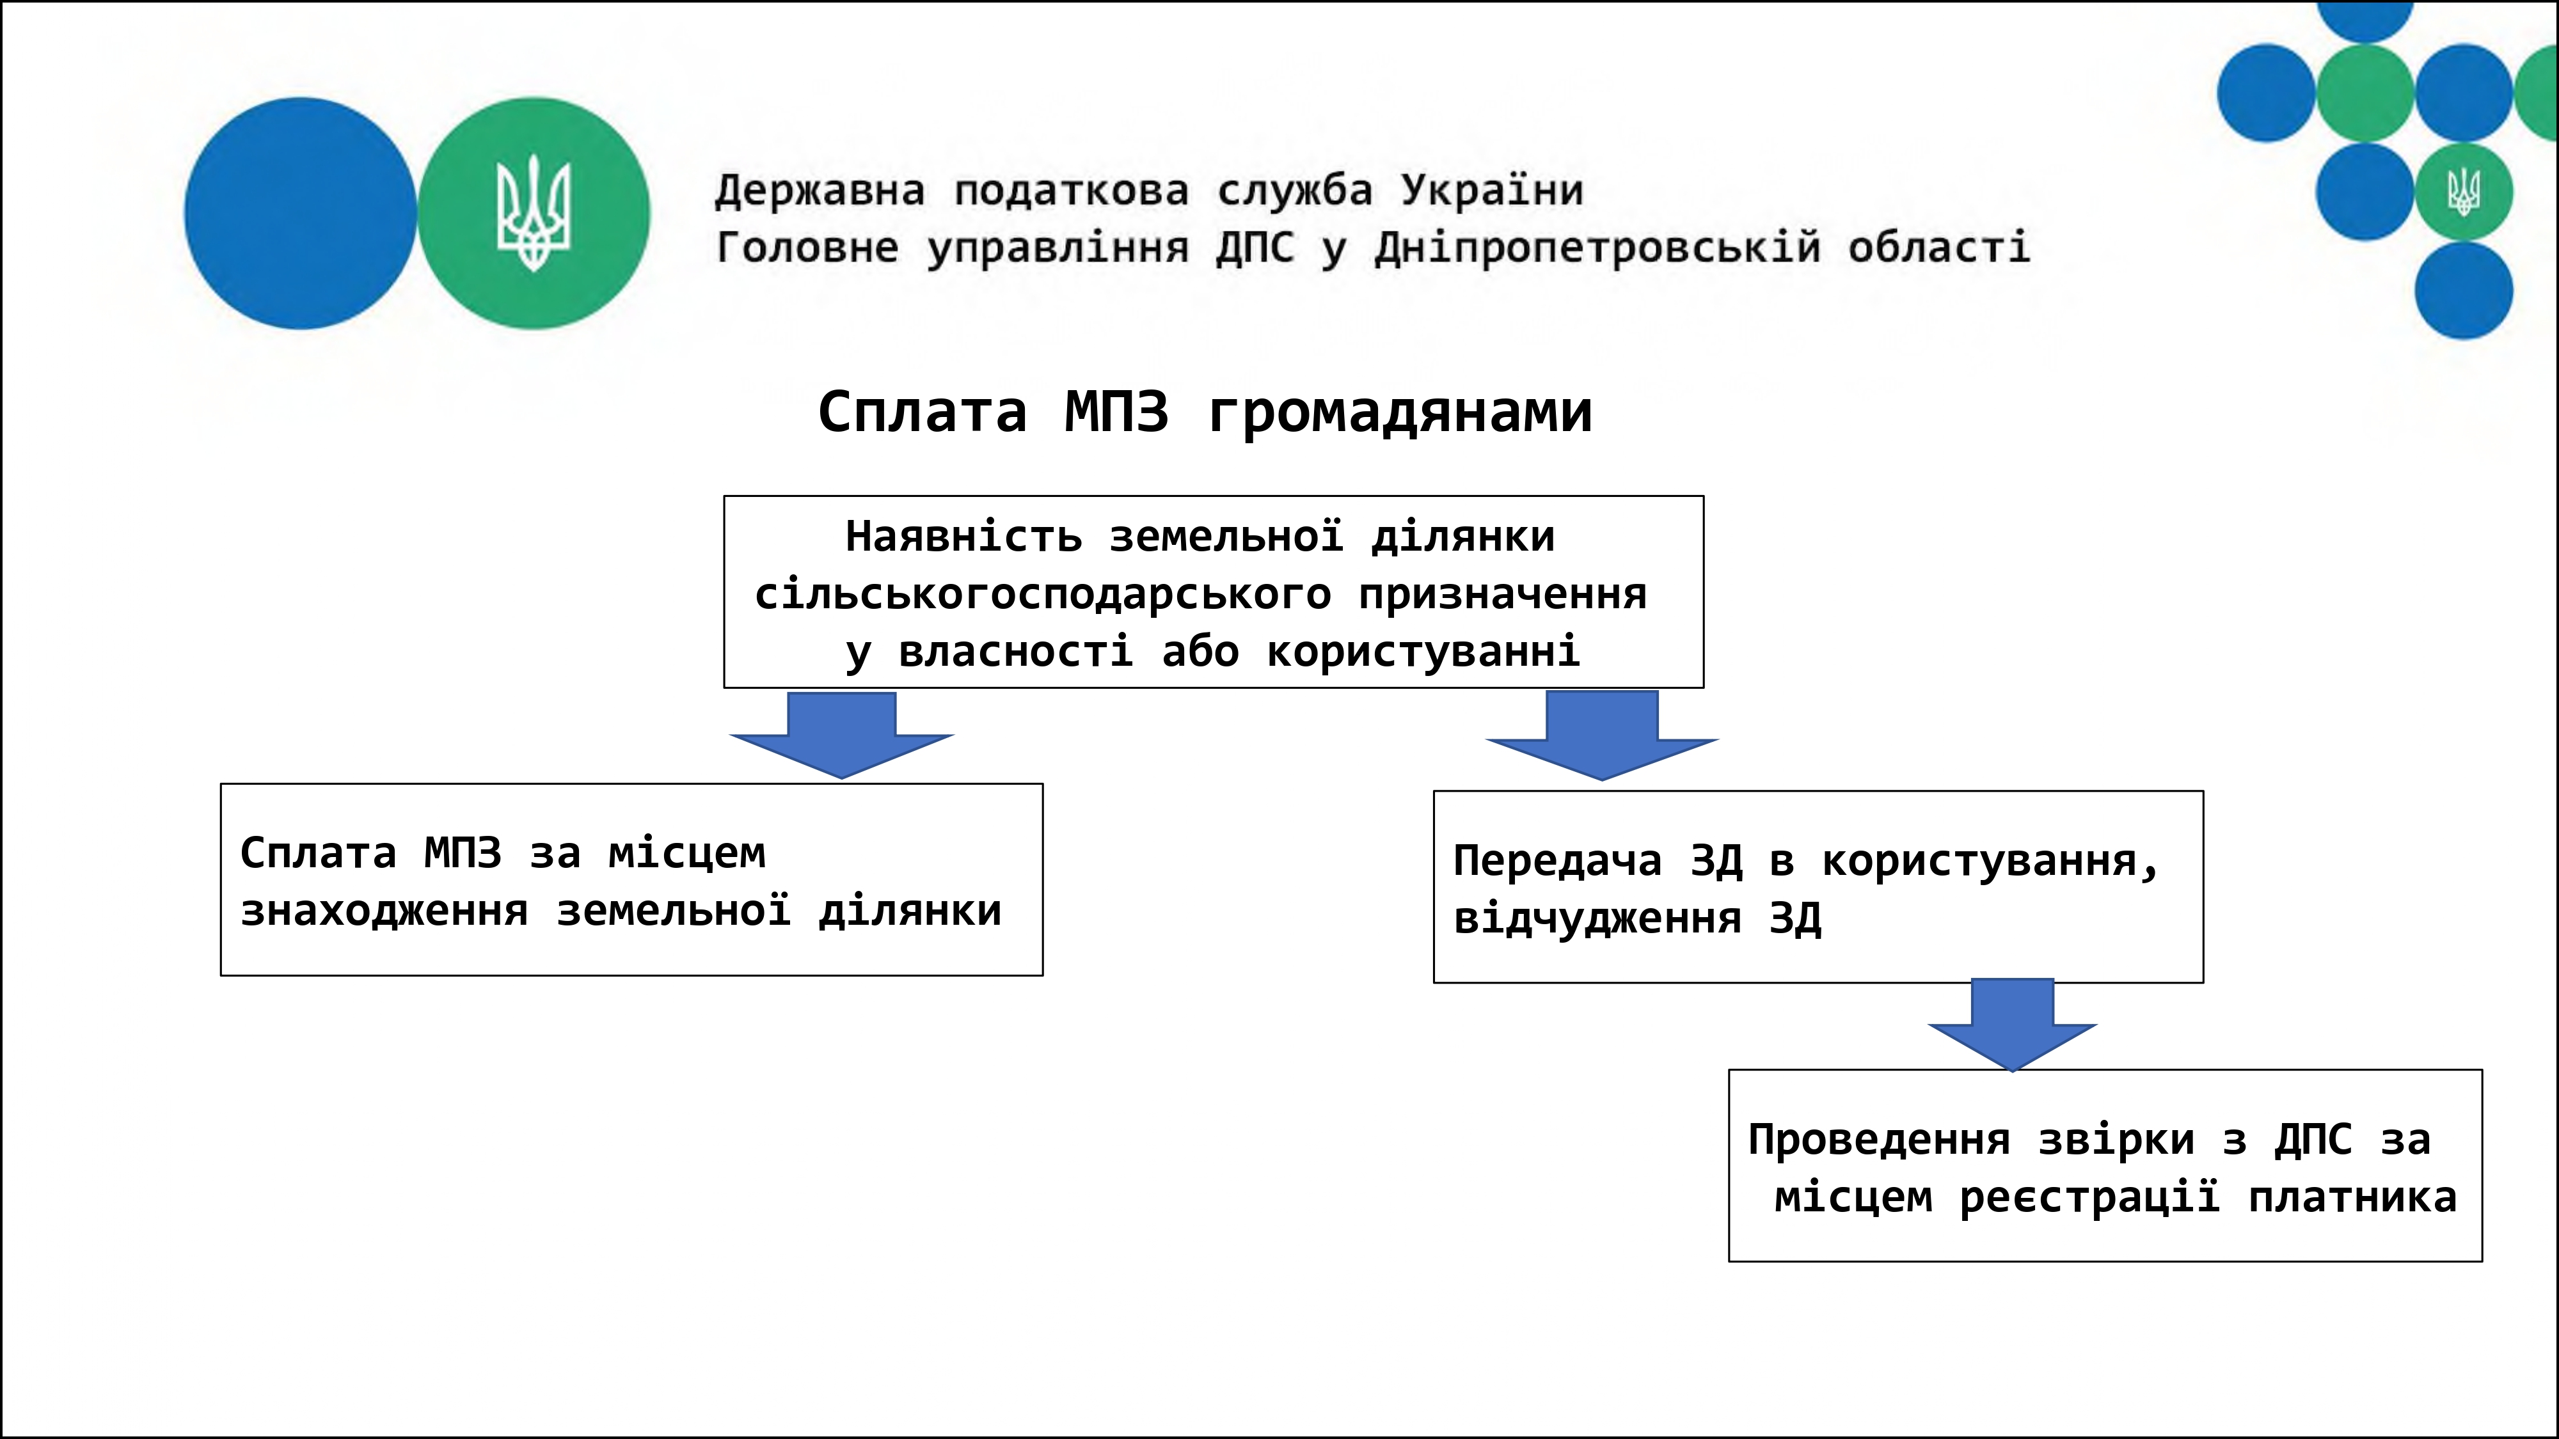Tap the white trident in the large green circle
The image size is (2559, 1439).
pyautogui.click(x=534, y=212)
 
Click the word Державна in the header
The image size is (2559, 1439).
pyautogui.click(x=820, y=190)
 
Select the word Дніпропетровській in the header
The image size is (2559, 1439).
pyautogui.click(x=1597, y=248)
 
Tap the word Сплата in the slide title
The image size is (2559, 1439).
pyautogui.click(x=922, y=411)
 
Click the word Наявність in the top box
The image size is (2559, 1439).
pyautogui.click(x=963, y=537)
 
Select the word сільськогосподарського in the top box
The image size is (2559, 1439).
pyautogui.click(x=1042, y=594)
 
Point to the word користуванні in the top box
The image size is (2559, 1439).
pyautogui.click(x=1423, y=652)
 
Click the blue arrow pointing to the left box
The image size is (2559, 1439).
pyautogui.click(x=841, y=736)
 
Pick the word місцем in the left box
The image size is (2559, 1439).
pyautogui.click(x=686, y=853)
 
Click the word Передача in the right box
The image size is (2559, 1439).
pyautogui.click(x=1557, y=860)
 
